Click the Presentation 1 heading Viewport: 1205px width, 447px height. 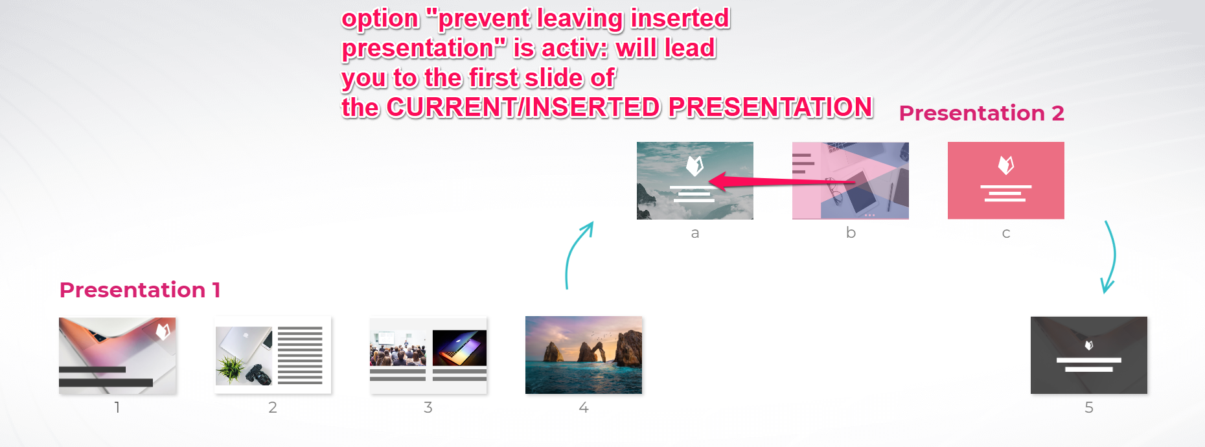[x=140, y=290]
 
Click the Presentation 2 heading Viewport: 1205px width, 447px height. [x=981, y=113]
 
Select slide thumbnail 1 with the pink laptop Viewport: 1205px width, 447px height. [x=117, y=356]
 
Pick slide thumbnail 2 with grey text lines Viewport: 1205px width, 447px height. [x=273, y=355]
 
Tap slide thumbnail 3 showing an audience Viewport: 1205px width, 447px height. [x=428, y=355]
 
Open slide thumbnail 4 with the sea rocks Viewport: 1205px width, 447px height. [x=584, y=355]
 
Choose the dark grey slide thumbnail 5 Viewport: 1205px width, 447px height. [x=1089, y=355]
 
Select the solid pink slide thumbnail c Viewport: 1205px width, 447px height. [x=1006, y=180]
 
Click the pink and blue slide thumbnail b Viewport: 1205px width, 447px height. [x=851, y=180]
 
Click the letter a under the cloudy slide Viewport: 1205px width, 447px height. [x=695, y=233]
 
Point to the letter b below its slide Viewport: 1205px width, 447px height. [x=851, y=232]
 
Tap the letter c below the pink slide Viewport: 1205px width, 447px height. [x=1006, y=233]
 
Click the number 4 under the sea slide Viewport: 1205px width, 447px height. [x=584, y=407]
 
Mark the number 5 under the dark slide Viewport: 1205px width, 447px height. [x=1089, y=407]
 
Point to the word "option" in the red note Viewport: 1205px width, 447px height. [x=380, y=19]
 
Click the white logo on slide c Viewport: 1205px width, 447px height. [x=1006, y=165]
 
